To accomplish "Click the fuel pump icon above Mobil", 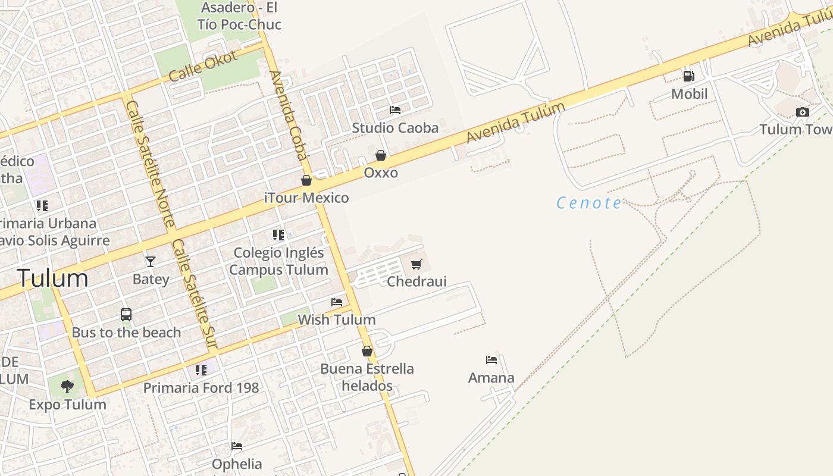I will pos(688,76).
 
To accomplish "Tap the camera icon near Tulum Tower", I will pos(802,112).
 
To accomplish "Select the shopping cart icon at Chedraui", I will pos(416,264).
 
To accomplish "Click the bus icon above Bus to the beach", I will pos(126,315).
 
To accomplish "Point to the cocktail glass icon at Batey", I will pos(151,261).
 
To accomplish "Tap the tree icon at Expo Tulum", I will pos(67,387).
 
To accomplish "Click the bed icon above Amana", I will pos(491,360).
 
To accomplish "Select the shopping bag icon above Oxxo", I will pos(381,155).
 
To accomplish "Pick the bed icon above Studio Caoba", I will pos(395,110).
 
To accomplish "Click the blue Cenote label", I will pos(589,203).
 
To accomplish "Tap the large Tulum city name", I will pos(52,278).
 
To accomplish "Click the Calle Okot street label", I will pos(203,67).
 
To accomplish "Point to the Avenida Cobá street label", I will pos(289,115).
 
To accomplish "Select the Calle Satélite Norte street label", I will pos(151,163).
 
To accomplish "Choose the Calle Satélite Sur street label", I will pos(195,293).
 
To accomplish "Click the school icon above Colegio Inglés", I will pos(278,235).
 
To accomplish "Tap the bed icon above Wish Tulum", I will pos(337,302).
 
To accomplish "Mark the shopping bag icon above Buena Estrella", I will pos(367,351).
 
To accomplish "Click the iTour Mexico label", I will pos(306,198).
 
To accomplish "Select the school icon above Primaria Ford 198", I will pos(201,370).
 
